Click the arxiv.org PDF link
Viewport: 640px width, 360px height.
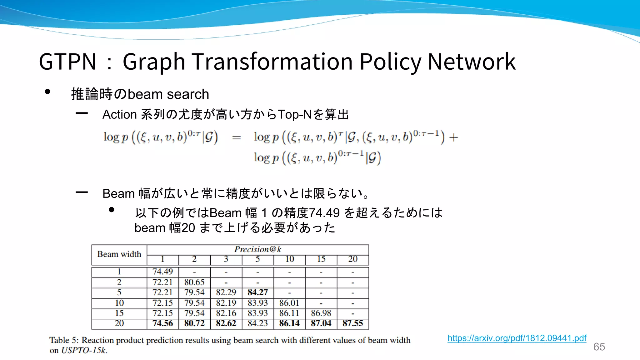pyautogui.click(x=517, y=338)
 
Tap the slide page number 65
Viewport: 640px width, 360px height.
pyautogui.click(x=599, y=347)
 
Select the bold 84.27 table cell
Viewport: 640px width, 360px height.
pyautogui.click(x=258, y=292)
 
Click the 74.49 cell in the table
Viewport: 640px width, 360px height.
pyautogui.click(x=162, y=272)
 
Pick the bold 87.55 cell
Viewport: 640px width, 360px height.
pyautogui.click(x=352, y=323)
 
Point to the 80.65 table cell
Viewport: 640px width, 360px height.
pyautogui.click(x=194, y=282)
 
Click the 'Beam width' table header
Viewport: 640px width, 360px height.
pyautogui.click(x=119, y=254)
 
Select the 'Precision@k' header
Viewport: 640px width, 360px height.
pyautogui.click(x=258, y=249)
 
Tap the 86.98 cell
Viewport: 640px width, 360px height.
pyautogui.click(x=321, y=313)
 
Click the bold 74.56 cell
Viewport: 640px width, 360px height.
pyautogui.click(x=162, y=323)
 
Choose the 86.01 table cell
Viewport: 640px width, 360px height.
pyautogui.click(x=289, y=303)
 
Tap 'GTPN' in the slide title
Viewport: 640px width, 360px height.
pyautogui.click(x=67, y=62)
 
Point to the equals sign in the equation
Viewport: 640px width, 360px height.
pyautogui.click(x=237, y=137)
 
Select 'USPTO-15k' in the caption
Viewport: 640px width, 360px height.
pyautogui.click(x=84, y=350)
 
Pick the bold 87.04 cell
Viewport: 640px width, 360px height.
pyautogui.click(x=321, y=323)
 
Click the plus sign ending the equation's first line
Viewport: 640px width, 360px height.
pyautogui.click(x=453, y=137)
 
